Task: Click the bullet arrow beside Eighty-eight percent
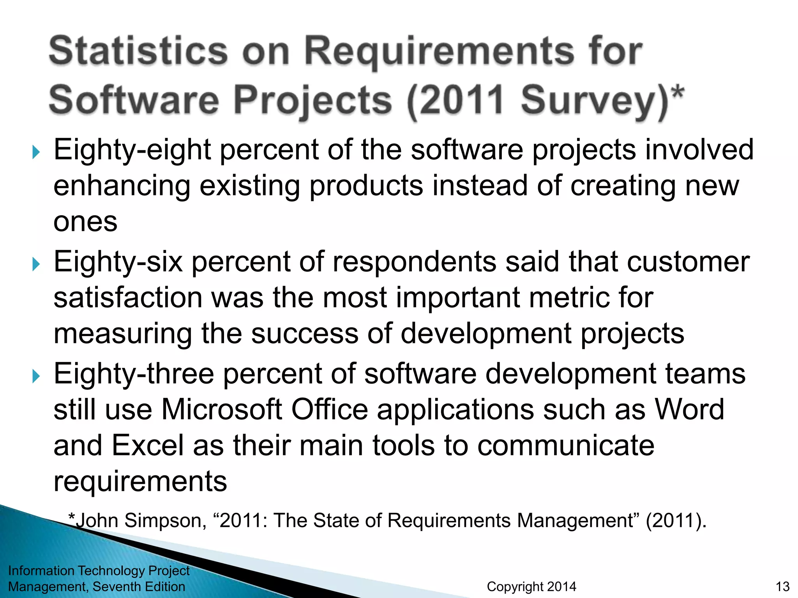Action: coord(36,152)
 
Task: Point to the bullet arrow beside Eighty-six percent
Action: coord(36,264)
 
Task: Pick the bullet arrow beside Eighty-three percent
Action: coord(36,376)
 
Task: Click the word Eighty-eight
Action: coord(132,150)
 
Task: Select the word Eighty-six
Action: coord(118,262)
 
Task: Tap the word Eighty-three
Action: coord(134,374)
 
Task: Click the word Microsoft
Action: coord(221,410)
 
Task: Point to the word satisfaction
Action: coord(128,298)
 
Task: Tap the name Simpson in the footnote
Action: coord(165,521)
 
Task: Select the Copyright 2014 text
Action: coord(531,586)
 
